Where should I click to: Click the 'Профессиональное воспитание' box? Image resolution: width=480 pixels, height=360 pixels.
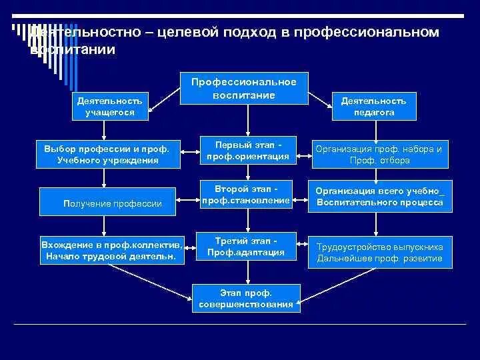click(x=243, y=88)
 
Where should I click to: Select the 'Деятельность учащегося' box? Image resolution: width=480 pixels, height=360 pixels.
click(x=109, y=107)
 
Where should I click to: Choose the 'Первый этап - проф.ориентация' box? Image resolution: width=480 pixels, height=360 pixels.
click(x=247, y=151)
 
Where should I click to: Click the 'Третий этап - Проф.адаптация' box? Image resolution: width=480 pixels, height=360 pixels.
click(x=245, y=246)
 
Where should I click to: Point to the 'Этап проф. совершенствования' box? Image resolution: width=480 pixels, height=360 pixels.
click(x=245, y=298)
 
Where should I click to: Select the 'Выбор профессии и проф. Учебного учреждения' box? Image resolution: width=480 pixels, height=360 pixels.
click(x=107, y=154)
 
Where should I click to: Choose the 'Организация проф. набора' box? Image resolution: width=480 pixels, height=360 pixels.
click(x=379, y=154)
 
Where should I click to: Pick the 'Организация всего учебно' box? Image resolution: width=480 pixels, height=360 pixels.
click(x=380, y=196)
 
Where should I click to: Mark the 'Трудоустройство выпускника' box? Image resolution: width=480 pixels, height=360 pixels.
click(x=379, y=252)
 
